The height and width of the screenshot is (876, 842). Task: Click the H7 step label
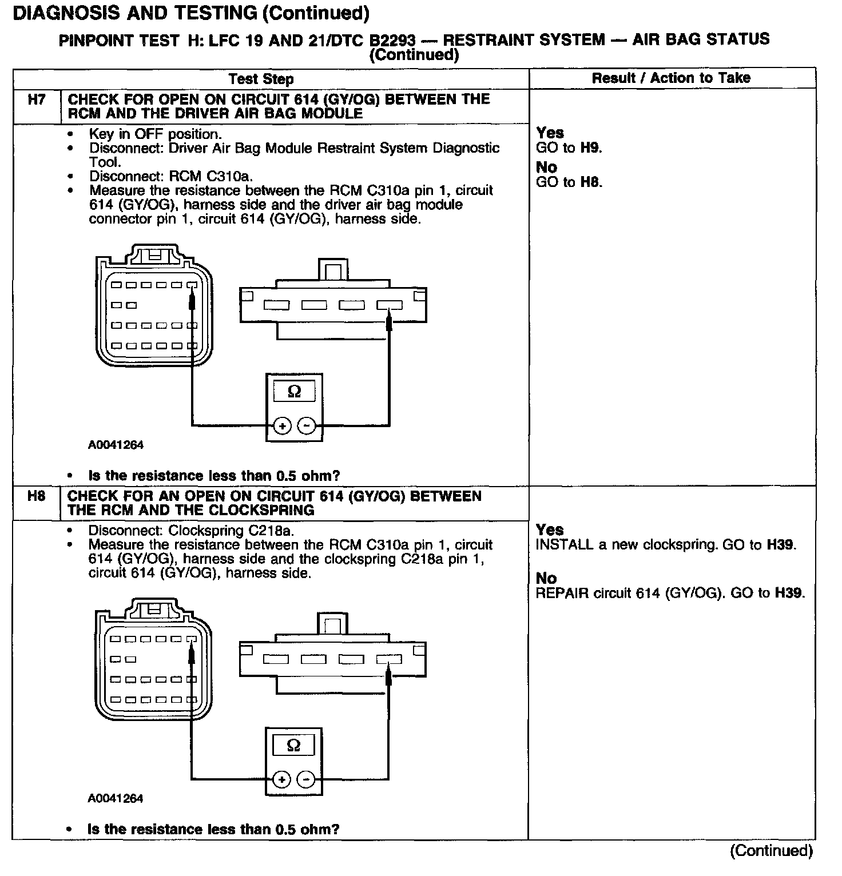pos(36,99)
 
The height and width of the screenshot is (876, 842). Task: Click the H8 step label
pos(36,496)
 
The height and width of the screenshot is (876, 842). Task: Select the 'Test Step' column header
pos(261,79)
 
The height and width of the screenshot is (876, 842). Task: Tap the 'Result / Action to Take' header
pos(671,78)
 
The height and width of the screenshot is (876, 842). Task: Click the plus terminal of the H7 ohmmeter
pos(282,425)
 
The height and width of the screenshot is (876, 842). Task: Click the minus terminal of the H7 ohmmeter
pos(307,425)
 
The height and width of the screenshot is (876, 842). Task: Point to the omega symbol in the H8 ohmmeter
pos(293,745)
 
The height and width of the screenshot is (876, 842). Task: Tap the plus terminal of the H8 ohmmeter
pos(281,779)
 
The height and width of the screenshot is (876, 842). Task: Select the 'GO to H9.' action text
pos(569,148)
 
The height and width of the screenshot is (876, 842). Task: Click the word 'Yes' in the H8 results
pos(550,529)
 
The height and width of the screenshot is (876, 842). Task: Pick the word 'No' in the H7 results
pos(546,167)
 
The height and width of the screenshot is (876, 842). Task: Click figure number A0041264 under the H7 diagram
pos(116,444)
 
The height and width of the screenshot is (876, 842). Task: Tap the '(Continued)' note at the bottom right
pos(770,850)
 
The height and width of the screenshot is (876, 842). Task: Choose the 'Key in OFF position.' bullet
pos(154,134)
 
